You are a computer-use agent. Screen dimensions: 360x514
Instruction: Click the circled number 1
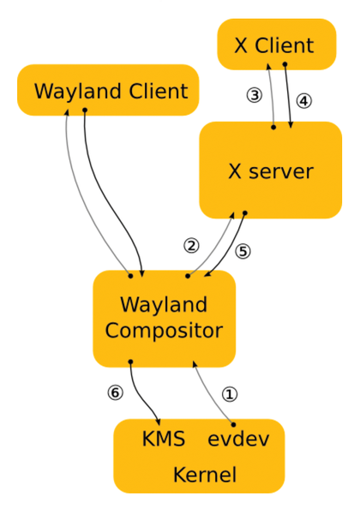[x=230, y=394]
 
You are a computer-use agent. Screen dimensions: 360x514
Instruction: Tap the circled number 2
[x=191, y=246]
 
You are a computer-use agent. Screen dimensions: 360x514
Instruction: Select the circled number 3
[x=255, y=95]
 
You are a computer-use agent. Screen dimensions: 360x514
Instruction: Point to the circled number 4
[x=304, y=101]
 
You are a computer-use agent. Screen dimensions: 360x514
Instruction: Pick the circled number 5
[x=243, y=251]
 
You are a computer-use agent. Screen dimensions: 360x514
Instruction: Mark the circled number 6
[x=116, y=392]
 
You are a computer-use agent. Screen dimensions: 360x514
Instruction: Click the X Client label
[x=274, y=45]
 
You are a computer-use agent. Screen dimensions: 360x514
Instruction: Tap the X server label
[x=271, y=171]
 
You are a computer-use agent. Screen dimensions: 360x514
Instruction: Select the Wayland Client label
[x=111, y=91]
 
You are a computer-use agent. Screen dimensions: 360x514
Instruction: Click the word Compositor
[x=164, y=331]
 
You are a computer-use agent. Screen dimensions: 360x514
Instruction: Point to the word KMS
[x=164, y=439]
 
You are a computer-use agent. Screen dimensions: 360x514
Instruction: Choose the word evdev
[x=238, y=439]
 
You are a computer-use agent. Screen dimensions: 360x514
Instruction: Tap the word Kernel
[x=205, y=475]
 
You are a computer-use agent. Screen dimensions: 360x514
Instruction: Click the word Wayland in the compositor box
[x=164, y=305]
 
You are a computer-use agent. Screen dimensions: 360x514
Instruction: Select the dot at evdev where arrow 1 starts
[x=233, y=425]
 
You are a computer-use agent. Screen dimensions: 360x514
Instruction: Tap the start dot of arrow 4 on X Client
[x=285, y=64]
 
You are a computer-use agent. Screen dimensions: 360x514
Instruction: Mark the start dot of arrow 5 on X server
[x=245, y=213]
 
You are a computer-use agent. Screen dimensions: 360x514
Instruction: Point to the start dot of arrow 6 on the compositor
[x=130, y=362]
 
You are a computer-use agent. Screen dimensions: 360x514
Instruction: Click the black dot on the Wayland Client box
[x=85, y=111]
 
